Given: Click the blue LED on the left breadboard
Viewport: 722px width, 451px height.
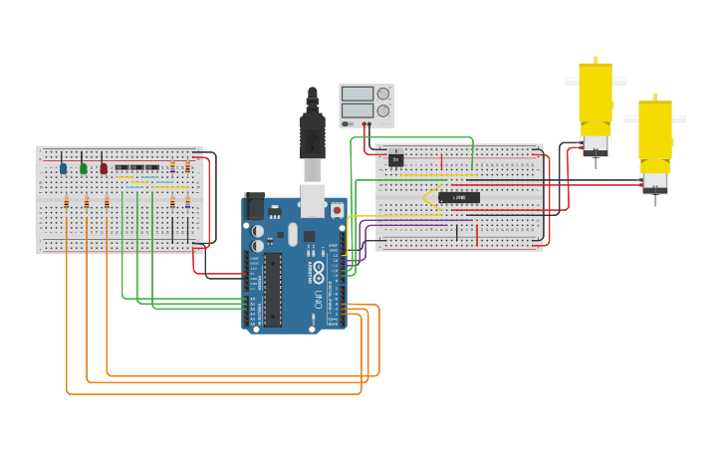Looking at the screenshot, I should pyautogui.click(x=63, y=168).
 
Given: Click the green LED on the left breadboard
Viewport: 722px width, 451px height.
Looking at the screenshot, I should pyautogui.click(x=84, y=168).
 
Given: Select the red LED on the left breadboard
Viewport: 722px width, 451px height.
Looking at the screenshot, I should pyautogui.click(x=104, y=168).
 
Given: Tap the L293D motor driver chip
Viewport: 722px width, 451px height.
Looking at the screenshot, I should pyautogui.click(x=458, y=197).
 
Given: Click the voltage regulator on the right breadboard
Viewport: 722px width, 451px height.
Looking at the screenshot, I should pyautogui.click(x=396, y=158).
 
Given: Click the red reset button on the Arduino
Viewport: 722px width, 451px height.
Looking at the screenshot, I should pyautogui.click(x=337, y=210).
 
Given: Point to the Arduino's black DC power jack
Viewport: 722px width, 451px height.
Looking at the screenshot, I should pyautogui.click(x=254, y=205).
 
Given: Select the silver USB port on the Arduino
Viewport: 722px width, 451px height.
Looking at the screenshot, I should pyautogui.click(x=313, y=202).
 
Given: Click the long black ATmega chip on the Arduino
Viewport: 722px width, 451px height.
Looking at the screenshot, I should pyautogui.click(x=272, y=290).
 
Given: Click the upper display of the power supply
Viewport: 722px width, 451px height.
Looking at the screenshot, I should pyautogui.click(x=357, y=94).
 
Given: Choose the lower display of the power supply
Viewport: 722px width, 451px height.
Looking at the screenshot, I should pyautogui.click(x=357, y=111).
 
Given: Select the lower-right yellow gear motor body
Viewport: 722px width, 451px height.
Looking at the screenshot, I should pyautogui.click(x=655, y=134).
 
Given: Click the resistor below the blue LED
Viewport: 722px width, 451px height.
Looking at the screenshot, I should pyautogui.click(x=67, y=203).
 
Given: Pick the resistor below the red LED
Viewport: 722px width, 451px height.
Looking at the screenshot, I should pyautogui.click(x=107, y=203).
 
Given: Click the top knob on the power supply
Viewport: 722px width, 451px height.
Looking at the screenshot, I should pyautogui.click(x=383, y=94).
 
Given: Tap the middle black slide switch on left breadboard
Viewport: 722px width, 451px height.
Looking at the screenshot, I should pyautogui.click(x=136, y=167).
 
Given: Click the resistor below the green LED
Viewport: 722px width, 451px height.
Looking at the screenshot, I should pyautogui.click(x=87, y=203).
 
